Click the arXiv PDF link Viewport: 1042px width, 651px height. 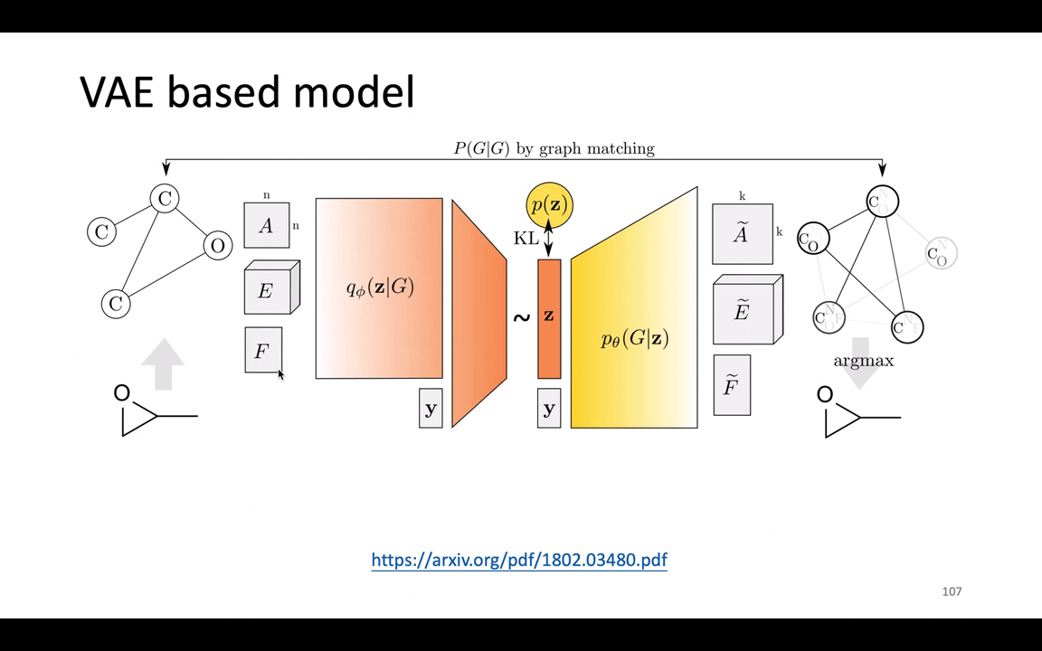(519, 560)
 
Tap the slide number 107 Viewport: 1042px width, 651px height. (952, 591)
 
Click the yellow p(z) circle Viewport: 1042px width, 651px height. (549, 205)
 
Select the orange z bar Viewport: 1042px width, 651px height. (549, 317)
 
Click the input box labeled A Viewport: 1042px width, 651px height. (266, 225)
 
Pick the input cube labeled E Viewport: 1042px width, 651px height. (268, 290)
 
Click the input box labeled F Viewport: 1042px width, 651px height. (262, 350)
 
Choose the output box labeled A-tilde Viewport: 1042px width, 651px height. (742, 234)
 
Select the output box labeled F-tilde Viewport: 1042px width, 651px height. (731, 386)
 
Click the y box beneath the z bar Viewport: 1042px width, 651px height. (549, 409)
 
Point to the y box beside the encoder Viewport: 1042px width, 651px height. (431, 409)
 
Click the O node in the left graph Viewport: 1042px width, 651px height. (217, 245)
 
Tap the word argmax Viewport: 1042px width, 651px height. (863, 361)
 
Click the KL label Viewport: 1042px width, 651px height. (526, 239)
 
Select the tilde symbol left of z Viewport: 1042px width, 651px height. (521, 317)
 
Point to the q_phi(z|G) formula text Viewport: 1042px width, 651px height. (380, 288)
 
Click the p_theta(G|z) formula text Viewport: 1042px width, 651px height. (634, 339)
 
